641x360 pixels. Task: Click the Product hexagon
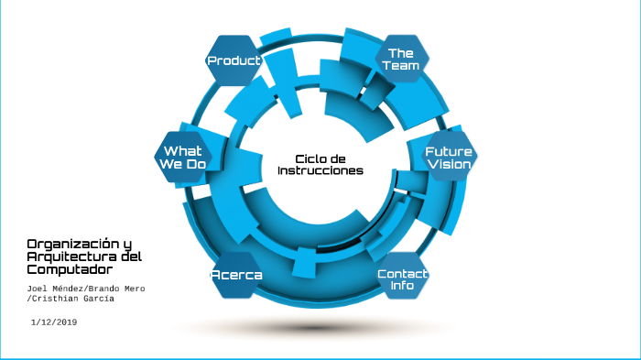[x=234, y=60]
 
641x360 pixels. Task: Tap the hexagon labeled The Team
[x=401, y=60]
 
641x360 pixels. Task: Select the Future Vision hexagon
[x=449, y=158]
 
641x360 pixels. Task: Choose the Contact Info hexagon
[x=403, y=279]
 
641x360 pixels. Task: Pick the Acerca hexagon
[x=237, y=276]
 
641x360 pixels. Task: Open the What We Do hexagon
[x=183, y=157]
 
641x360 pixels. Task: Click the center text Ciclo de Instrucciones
[x=320, y=165]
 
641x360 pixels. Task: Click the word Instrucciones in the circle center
[x=320, y=171]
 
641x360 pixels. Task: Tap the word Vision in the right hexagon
[x=449, y=165]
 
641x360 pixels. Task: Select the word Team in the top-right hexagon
[x=401, y=66]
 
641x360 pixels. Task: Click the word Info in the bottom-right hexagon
[x=403, y=286]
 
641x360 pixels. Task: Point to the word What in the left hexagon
[x=183, y=150]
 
